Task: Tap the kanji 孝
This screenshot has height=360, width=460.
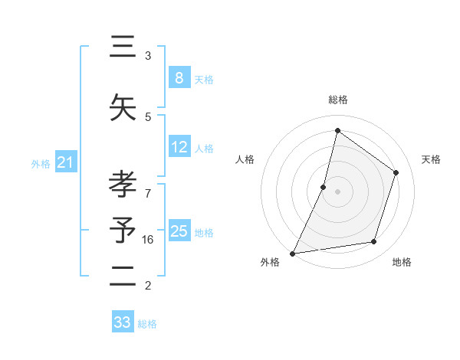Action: [x=123, y=184]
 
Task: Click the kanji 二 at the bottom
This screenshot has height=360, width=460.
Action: [x=123, y=277]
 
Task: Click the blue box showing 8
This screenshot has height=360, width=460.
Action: [x=179, y=77]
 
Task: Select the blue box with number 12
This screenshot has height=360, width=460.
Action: [x=179, y=147]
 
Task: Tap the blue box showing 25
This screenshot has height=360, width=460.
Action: [x=179, y=231]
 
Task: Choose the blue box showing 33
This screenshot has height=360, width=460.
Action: [x=123, y=322]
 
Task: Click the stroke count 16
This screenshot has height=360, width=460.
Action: [x=148, y=240]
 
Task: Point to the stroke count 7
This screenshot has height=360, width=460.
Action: [x=148, y=186]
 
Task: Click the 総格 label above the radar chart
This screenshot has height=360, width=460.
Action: [x=337, y=100]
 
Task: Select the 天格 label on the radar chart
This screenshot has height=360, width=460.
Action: [x=431, y=159]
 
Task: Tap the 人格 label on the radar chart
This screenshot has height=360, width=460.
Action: [x=245, y=159]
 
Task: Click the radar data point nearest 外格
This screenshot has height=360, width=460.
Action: [x=292, y=253]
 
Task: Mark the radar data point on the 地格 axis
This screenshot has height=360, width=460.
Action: [x=374, y=242]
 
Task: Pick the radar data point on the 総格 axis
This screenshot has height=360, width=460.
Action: [x=337, y=130]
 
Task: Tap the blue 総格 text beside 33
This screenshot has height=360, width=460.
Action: [x=147, y=324]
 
